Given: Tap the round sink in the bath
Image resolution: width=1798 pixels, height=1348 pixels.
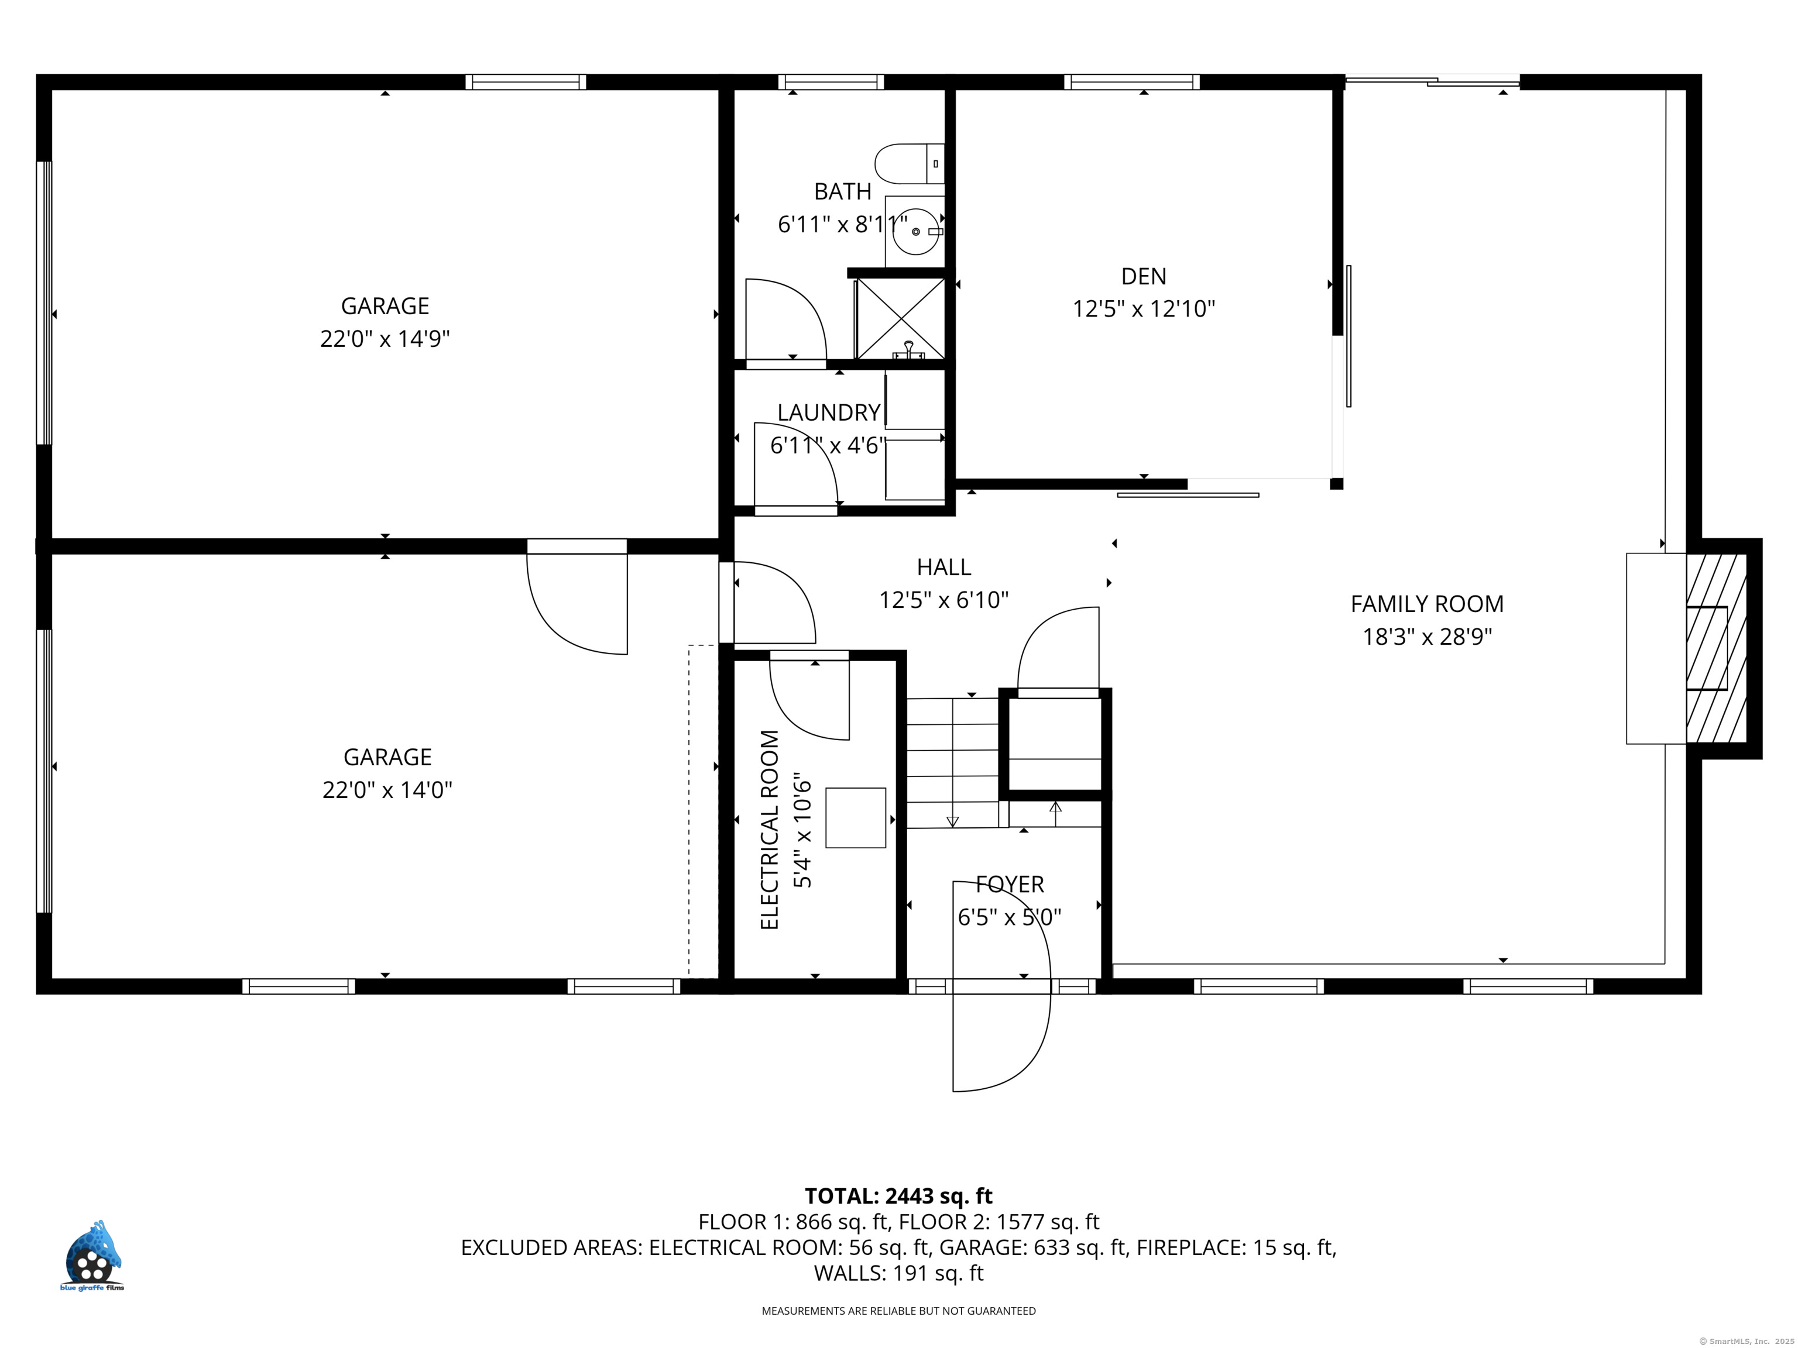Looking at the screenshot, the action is click(x=916, y=232).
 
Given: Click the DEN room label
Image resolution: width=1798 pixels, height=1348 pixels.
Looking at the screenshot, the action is click(x=1144, y=276).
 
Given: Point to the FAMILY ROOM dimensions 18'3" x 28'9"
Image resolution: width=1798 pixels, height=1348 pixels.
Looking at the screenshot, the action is click(x=1428, y=636).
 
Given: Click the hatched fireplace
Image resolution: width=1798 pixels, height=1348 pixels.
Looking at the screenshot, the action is click(x=1717, y=648).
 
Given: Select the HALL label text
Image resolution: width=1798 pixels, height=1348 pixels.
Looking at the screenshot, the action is click(x=943, y=567).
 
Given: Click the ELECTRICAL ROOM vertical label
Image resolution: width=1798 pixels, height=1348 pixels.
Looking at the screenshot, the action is click(x=770, y=830).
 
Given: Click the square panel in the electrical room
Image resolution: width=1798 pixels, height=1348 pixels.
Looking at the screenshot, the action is click(x=856, y=817).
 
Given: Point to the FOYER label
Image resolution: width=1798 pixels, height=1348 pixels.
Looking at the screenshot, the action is click(x=1010, y=884).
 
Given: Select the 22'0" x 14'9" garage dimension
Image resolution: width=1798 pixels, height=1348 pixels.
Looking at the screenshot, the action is click(x=385, y=339).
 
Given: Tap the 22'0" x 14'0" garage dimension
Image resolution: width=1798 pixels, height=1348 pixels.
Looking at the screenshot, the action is click(x=387, y=790).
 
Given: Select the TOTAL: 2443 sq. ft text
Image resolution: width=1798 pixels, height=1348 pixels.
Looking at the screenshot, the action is click(x=898, y=1196).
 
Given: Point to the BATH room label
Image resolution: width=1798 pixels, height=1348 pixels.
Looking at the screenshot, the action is click(x=843, y=192).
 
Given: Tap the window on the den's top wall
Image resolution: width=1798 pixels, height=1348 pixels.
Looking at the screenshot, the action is click(x=1131, y=82).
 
